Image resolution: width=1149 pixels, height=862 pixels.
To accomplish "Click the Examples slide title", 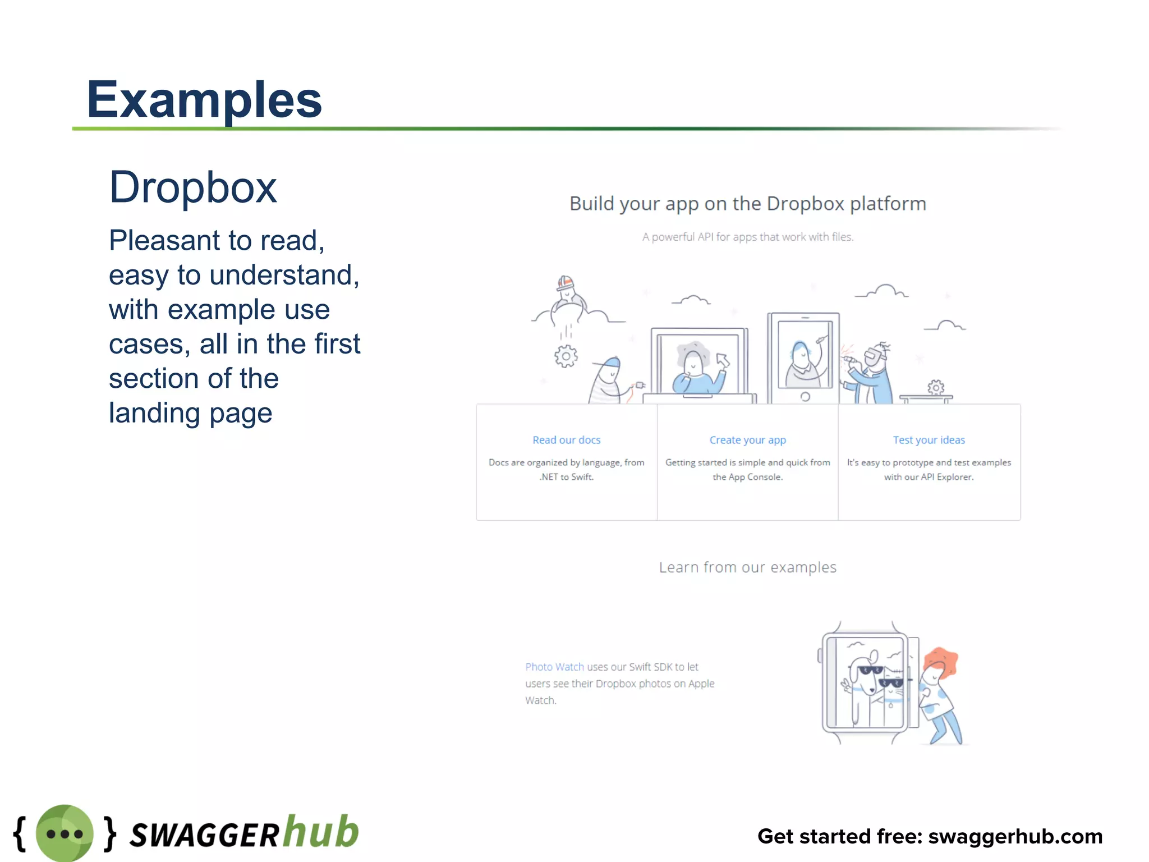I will pos(204,100).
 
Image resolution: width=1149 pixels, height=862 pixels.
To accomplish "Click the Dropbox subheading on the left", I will pos(193,188).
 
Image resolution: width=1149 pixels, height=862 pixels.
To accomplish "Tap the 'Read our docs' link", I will pos(566,440).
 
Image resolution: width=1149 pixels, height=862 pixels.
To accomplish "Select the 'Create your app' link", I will pos(747,440).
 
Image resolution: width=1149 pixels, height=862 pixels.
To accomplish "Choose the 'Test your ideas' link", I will pos(929,440).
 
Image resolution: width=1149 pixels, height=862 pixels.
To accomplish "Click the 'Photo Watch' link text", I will pos(554,667).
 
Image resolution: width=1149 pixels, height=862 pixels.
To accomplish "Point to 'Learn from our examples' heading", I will pos(747,567).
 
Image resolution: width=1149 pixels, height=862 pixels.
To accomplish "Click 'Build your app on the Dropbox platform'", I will pos(747,204).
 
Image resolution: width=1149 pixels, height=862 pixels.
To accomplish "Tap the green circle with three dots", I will pos(65,833).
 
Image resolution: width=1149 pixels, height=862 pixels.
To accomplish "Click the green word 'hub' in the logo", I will pos(321,832).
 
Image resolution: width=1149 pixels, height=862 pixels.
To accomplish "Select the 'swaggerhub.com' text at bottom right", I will pos(1015,836).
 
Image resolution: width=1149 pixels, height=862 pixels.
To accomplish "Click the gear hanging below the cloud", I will pos(566,356).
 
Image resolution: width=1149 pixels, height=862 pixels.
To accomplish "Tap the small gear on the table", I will pos(935,387).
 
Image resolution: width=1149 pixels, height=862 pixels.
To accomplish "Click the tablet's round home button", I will pos(805,397).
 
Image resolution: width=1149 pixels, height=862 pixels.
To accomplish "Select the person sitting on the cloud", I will pos(567,295).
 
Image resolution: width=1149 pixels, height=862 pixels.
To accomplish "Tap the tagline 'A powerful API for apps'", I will pos(747,237).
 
